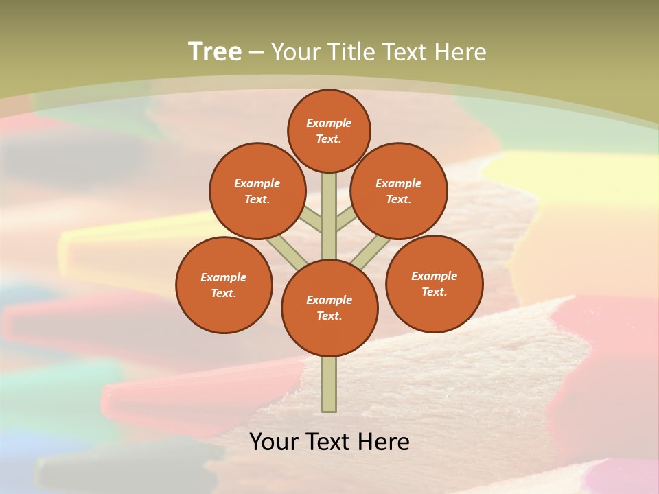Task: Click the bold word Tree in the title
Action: coord(215,51)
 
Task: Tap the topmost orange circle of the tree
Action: coord(329,130)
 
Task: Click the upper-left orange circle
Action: coord(257,191)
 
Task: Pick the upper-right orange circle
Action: coord(399,191)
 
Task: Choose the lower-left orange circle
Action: coord(224,285)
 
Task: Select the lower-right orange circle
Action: coord(434,283)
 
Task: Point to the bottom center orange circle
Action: coord(329,308)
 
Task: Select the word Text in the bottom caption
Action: coord(330,442)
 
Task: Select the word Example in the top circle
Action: coord(329,123)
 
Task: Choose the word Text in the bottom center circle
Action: coord(329,316)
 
